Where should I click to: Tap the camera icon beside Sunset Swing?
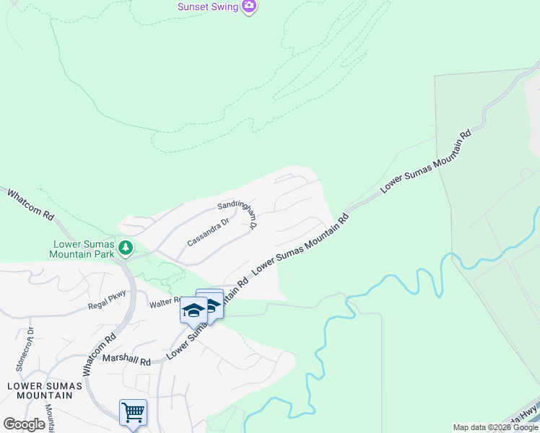point(249,6)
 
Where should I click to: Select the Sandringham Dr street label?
point(238,215)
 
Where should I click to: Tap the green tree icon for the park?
point(126,248)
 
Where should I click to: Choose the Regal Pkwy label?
point(107,298)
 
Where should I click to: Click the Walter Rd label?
point(165,305)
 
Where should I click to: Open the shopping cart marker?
point(133,413)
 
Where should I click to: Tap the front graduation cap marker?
point(193,310)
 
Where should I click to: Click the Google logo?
point(25,424)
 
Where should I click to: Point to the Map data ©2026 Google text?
point(495,427)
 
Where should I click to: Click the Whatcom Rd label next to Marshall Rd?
point(100,354)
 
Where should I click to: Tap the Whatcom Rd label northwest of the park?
point(30,205)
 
